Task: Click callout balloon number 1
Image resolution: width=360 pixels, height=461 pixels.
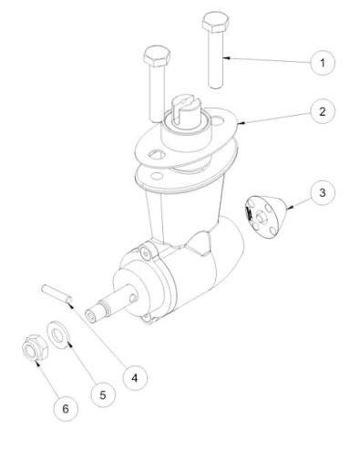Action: tap(323, 63)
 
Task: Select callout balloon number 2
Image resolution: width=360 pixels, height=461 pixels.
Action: tap(323, 111)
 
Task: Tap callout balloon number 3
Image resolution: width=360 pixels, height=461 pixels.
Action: tap(323, 192)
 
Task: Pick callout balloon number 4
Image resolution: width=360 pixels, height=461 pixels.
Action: tap(135, 378)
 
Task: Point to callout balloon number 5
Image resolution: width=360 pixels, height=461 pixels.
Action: tap(103, 395)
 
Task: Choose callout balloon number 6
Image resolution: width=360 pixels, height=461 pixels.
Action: tap(66, 409)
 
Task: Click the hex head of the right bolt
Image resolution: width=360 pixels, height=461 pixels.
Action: tap(216, 22)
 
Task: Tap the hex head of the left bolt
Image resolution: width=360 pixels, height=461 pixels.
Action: tap(157, 56)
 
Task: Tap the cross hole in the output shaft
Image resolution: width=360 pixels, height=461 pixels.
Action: tap(133, 297)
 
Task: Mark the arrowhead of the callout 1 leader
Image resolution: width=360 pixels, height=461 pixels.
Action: tap(226, 57)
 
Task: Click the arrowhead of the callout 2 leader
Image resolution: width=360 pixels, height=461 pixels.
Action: tap(241, 123)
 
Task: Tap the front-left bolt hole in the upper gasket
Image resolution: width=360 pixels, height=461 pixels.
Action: tap(157, 155)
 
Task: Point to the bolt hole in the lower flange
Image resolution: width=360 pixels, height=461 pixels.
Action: tap(157, 175)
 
